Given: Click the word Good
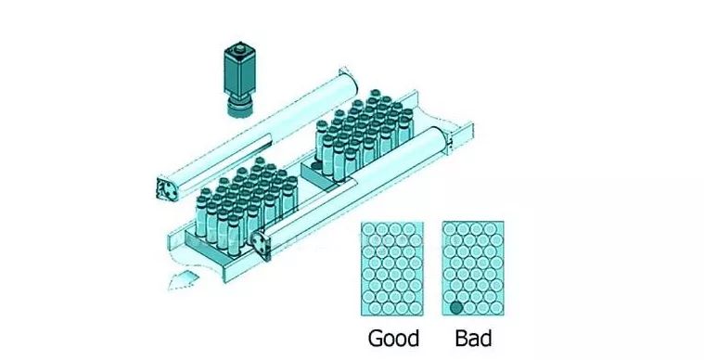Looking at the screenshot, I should pos(393,337).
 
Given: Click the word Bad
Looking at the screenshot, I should pos(473,337).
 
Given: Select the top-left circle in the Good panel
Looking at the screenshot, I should pos(370,229).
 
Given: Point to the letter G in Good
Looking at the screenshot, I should pos(377,337).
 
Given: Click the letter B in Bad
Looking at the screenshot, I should pos(461,337).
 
